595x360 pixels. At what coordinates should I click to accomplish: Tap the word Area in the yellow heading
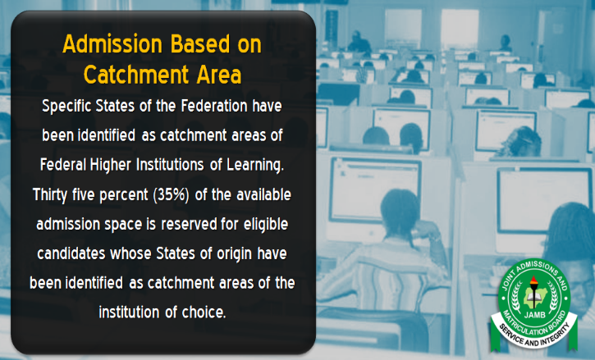pos(219,75)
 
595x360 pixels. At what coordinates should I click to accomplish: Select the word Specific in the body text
pos(66,107)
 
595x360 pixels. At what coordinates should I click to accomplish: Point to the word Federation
pos(214,106)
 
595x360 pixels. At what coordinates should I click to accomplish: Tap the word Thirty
pos(50,195)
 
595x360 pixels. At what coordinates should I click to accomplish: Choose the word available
pos(263,194)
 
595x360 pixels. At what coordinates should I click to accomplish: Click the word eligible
pos(266,225)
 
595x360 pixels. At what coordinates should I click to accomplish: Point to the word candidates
pos(71,253)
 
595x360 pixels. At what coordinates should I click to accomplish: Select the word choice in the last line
pos(204,312)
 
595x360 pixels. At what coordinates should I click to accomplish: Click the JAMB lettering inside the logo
pos(534,314)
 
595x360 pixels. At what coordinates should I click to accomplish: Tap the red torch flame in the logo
pos(534,280)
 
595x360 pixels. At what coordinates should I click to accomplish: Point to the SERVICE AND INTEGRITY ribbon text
pos(534,333)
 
